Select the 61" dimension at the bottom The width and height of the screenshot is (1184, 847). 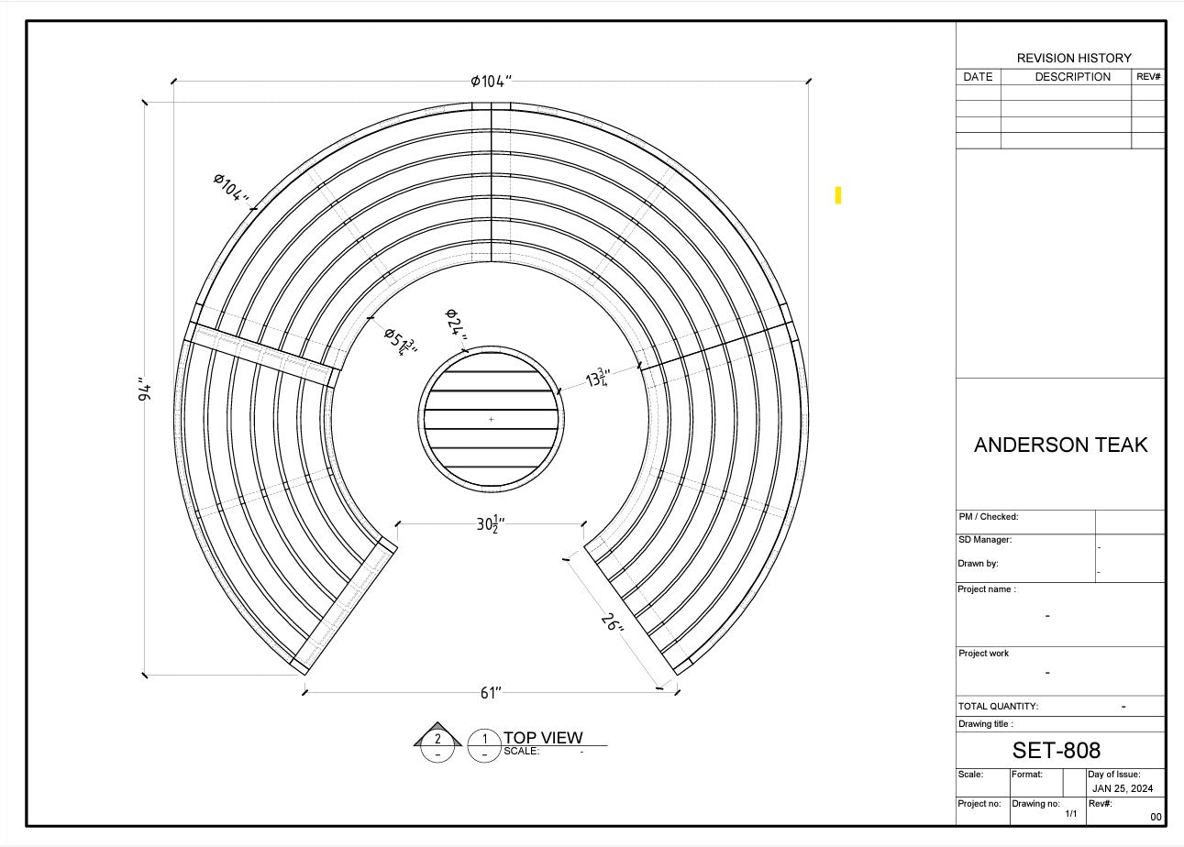click(x=491, y=692)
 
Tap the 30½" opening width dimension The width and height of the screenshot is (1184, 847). click(x=491, y=524)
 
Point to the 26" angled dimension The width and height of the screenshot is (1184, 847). click(x=613, y=623)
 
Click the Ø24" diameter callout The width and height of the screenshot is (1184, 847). click(x=456, y=325)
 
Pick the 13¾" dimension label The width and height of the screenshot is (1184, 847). click(x=598, y=378)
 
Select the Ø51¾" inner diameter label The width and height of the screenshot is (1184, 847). click(x=401, y=340)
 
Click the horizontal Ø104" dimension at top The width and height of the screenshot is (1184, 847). click(x=491, y=81)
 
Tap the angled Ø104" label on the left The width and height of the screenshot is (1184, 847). click(x=232, y=190)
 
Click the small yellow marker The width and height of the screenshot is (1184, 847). click(x=838, y=195)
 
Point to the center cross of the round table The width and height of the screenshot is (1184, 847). click(x=491, y=419)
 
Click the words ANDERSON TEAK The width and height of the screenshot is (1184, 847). click(x=1060, y=445)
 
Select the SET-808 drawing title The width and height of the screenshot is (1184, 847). click(x=1056, y=751)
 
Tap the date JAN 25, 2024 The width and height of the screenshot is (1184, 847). click(x=1123, y=788)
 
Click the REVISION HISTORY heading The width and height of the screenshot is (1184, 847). click(x=1074, y=58)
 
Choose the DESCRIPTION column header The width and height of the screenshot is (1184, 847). click(x=1072, y=77)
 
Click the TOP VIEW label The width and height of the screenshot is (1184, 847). click(x=542, y=738)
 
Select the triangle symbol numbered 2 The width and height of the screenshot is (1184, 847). click(x=437, y=738)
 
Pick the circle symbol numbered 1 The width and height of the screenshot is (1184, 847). click(x=484, y=739)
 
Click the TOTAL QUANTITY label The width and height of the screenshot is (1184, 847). click(x=998, y=707)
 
